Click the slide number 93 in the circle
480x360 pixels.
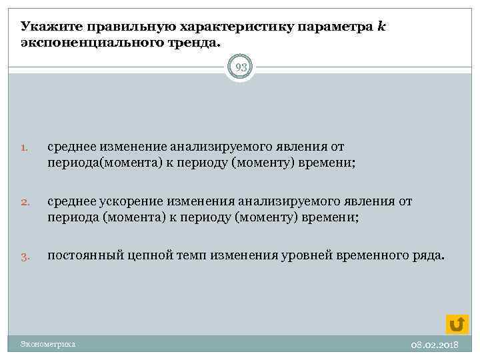240,67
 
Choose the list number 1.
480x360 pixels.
24,147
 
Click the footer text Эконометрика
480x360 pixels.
47,345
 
